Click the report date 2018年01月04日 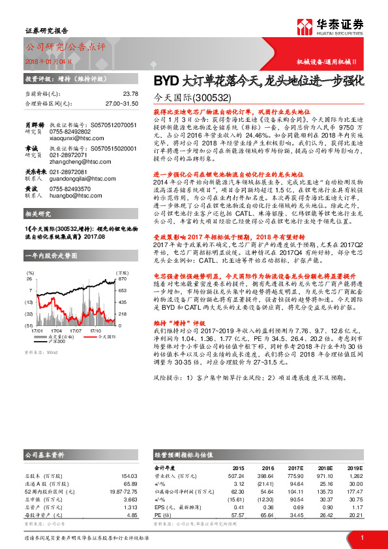[46, 60]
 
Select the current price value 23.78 [130, 95]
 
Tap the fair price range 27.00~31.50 [121, 103]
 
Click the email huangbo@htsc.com [67, 194]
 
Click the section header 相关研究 [38, 214]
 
